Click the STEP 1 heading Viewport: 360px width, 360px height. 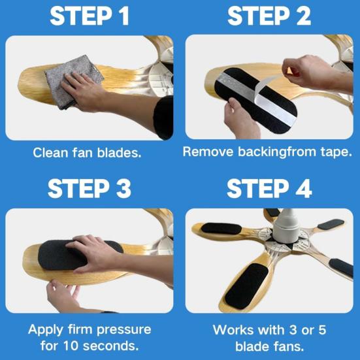[x=89, y=16]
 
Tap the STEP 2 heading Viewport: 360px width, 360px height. [x=269, y=16]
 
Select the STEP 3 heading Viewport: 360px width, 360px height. [x=89, y=188]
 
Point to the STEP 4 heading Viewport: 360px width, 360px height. [x=269, y=188]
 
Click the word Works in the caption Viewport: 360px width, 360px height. [x=233, y=329]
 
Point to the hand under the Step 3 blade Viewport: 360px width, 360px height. [x=62, y=294]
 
